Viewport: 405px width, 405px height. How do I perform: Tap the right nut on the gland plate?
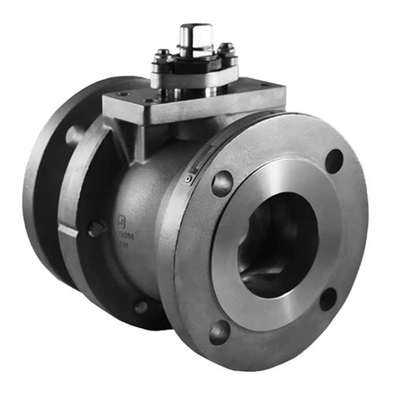[227, 47]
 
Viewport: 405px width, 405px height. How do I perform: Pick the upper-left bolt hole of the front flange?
[222, 183]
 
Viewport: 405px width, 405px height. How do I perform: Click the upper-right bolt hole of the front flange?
[334, 160]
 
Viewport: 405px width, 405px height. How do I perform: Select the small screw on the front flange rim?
[188, 181]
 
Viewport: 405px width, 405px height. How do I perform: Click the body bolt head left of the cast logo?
[95, 229]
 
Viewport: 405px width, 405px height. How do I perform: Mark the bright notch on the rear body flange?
[67, 231]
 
